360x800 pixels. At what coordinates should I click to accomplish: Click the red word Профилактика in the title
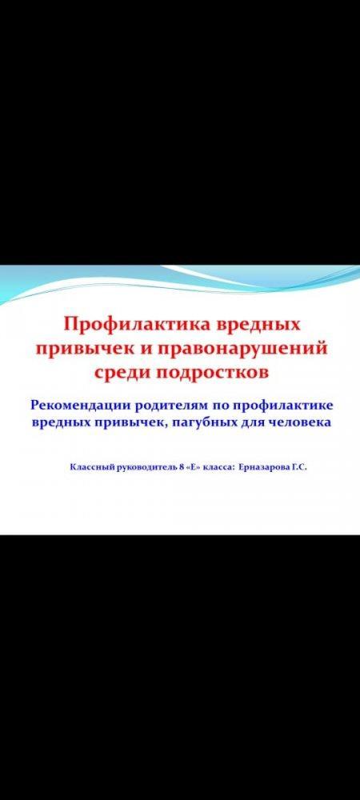134,326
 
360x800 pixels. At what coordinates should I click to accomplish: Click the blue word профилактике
283,406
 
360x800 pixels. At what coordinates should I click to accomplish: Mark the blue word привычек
125,423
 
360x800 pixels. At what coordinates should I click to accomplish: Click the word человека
300,423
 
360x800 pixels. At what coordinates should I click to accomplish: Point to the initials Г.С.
299,467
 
